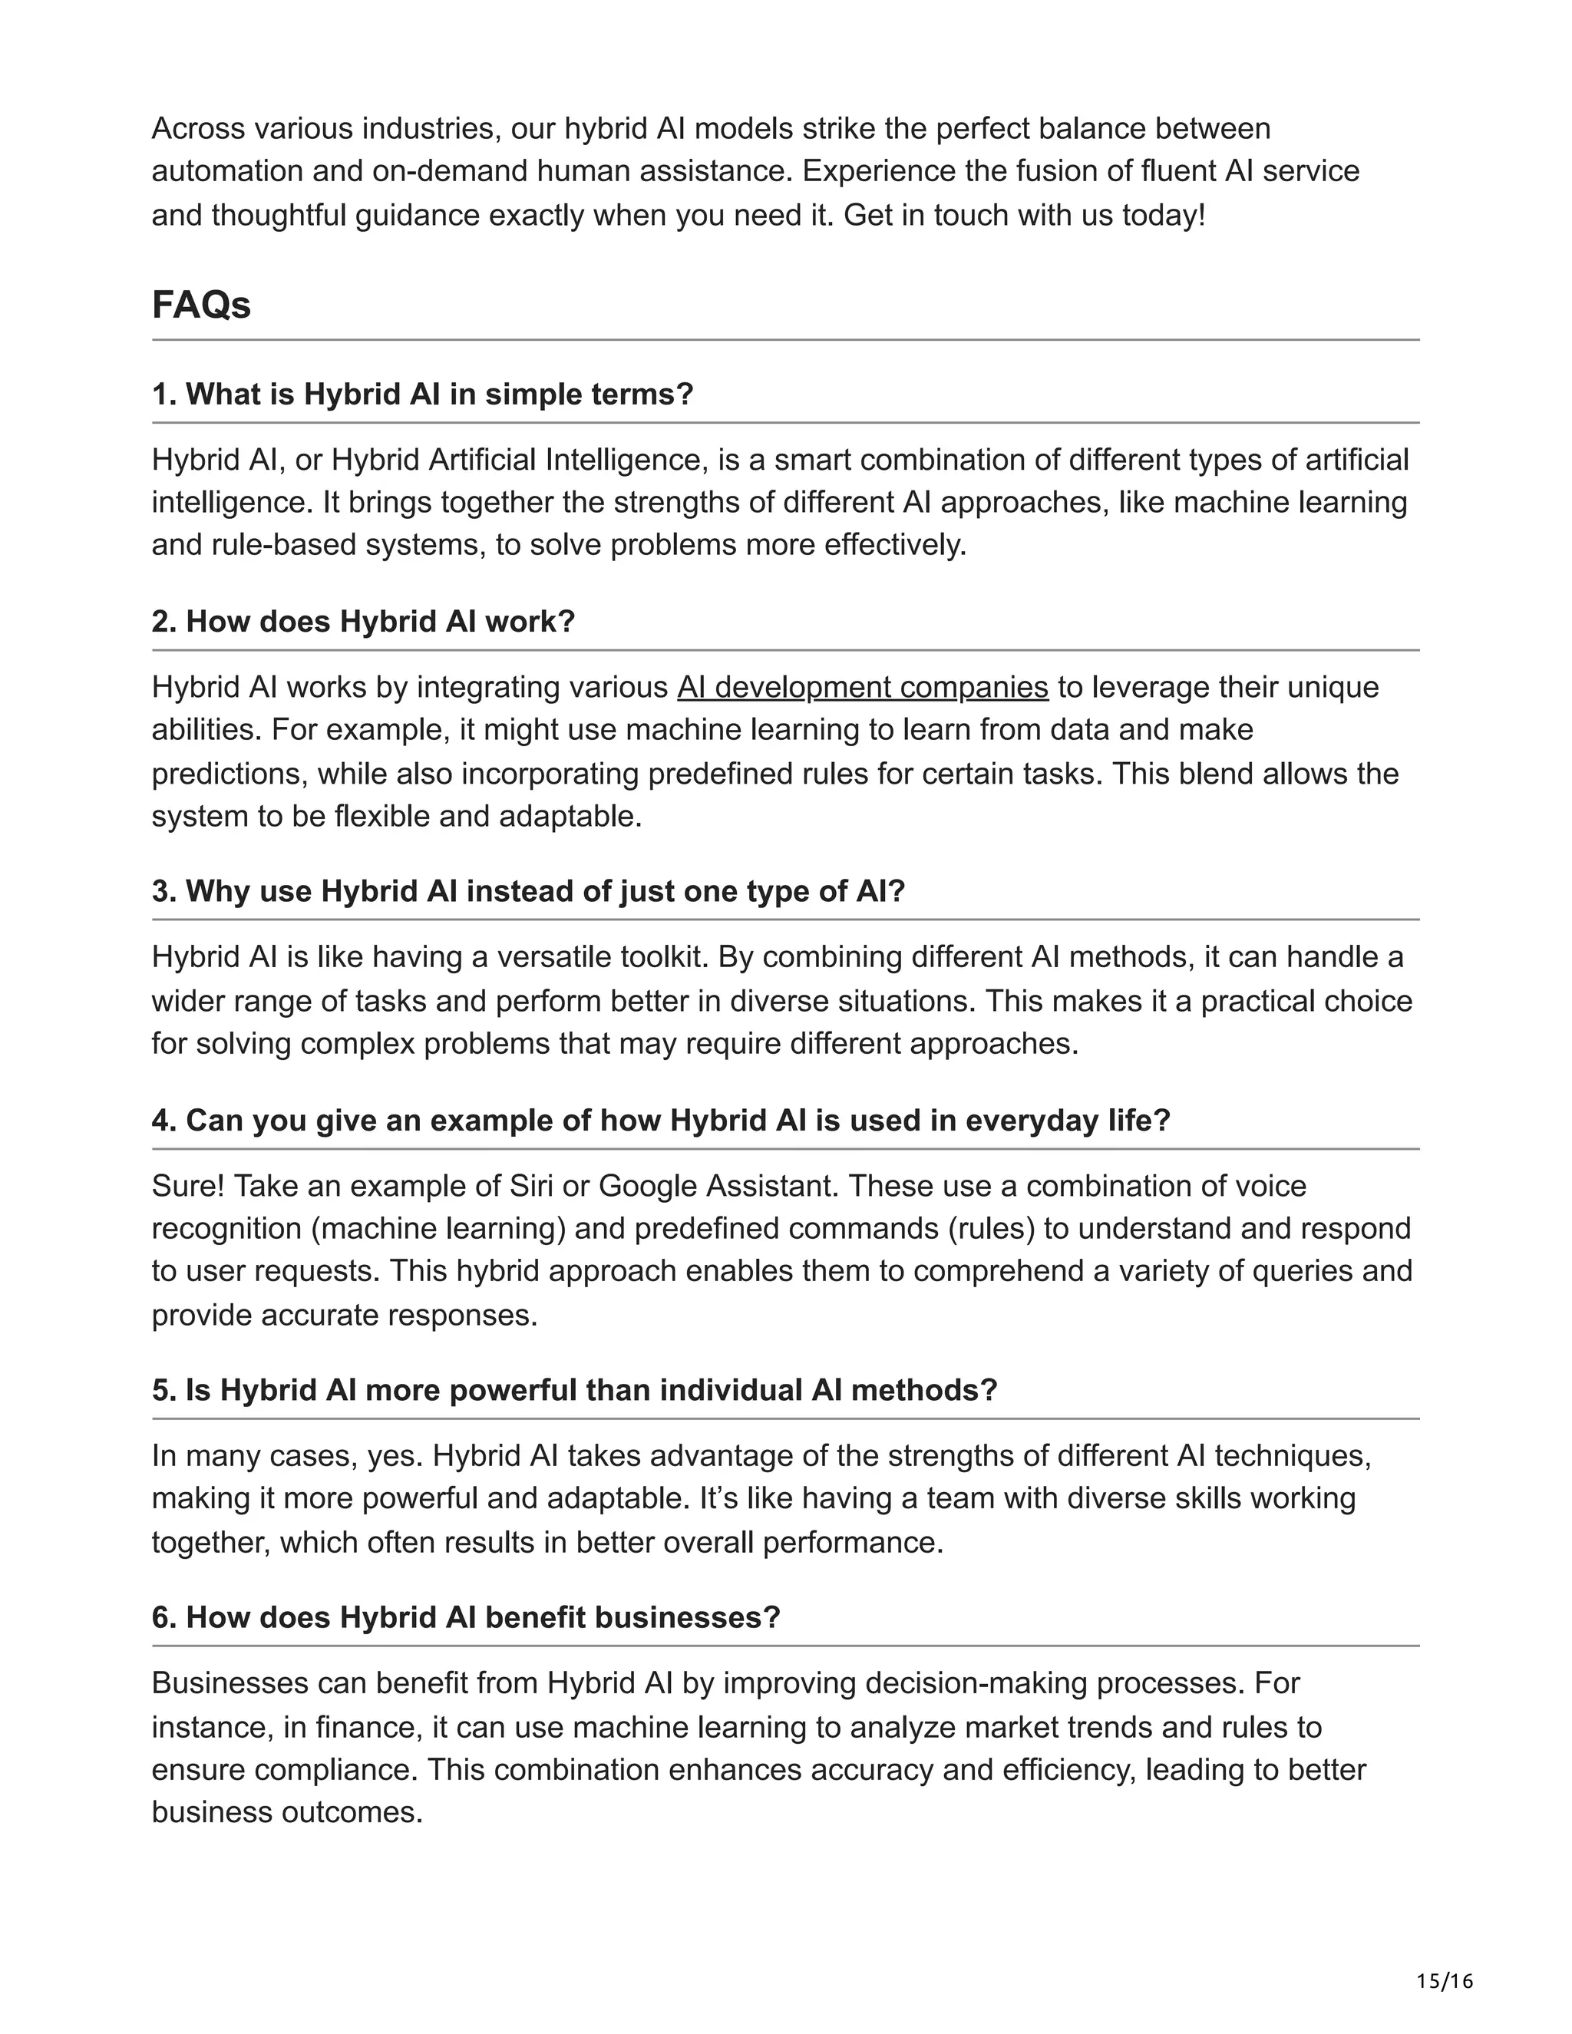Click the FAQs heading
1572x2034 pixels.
point(201,305)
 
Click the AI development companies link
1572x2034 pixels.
point(862,687)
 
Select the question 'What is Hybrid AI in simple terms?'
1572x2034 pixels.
point(423,394)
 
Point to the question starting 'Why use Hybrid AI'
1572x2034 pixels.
point(528,891)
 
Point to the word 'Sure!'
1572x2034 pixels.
point(188,1186)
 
